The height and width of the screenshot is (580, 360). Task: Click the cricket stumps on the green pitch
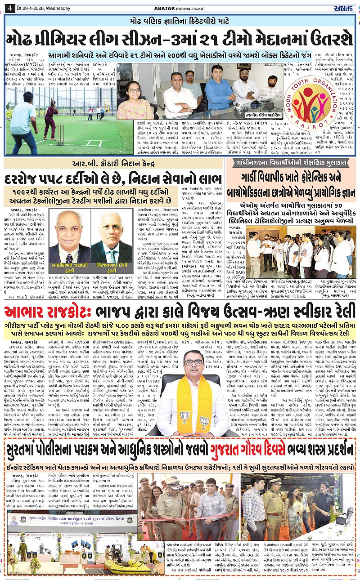tap(59, 135)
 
